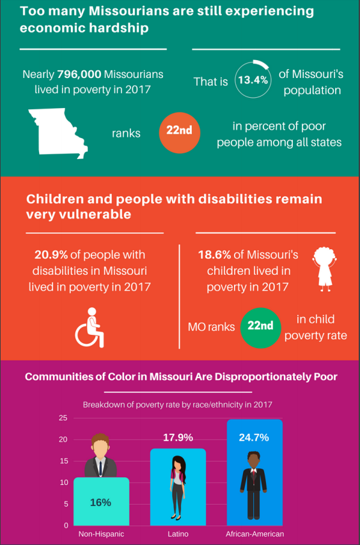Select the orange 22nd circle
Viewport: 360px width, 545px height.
[x=179, y=132]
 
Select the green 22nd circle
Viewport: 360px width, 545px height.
[x=260, y=326]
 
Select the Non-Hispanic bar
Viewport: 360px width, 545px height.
[x=101, y=502]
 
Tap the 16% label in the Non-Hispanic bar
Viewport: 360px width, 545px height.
[x=100, y=502]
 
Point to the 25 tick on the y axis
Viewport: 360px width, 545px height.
[x=63, y=418]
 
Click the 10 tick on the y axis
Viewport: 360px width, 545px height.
[x=63, y=482]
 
